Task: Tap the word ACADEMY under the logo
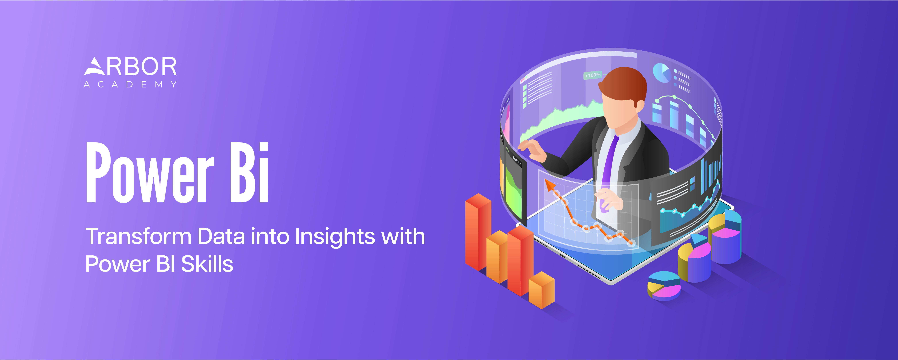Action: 130,84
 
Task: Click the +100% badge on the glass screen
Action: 593,75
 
